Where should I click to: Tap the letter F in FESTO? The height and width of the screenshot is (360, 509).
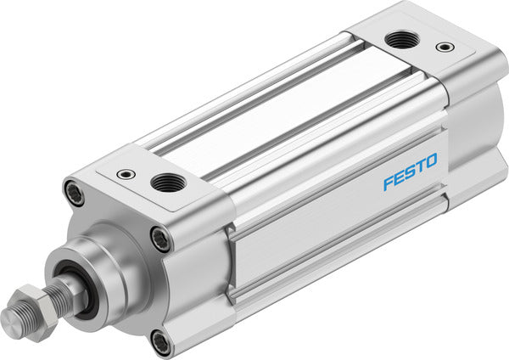(388, 183)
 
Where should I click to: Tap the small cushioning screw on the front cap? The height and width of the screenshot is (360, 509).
(126, 174)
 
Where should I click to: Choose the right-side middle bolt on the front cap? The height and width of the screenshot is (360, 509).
(160, 239)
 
